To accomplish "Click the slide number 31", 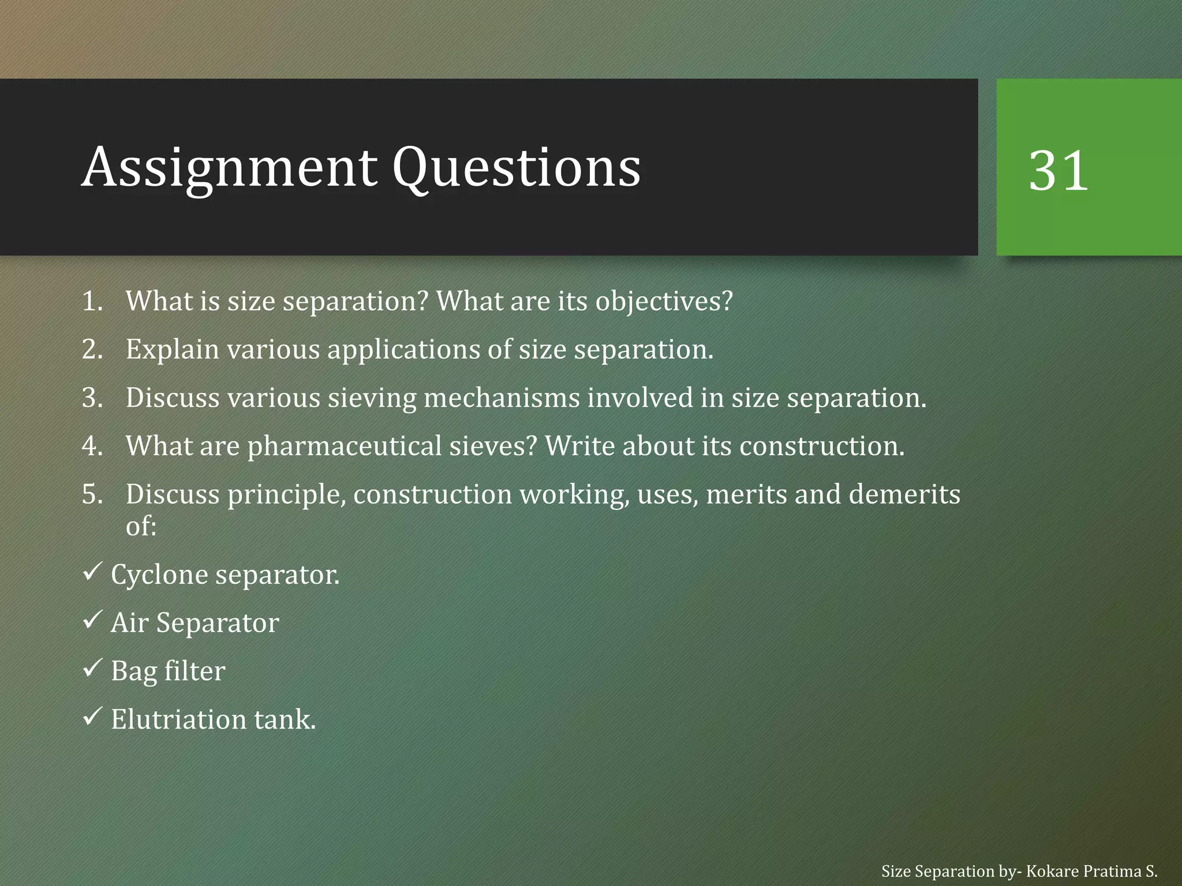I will click(1058, 171).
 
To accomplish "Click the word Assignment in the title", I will click(229, 167).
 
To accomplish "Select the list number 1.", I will click(92, 301).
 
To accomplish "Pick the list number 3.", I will click(92, 398).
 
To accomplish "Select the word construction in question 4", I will click(821, 446).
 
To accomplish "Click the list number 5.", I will click(92, 494).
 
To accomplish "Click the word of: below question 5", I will click(141, 526).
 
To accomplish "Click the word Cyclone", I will click(159, 575).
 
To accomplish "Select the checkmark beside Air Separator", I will click(92, 621).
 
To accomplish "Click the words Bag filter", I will click(168, 671).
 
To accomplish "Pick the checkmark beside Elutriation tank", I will click(92, 717).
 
